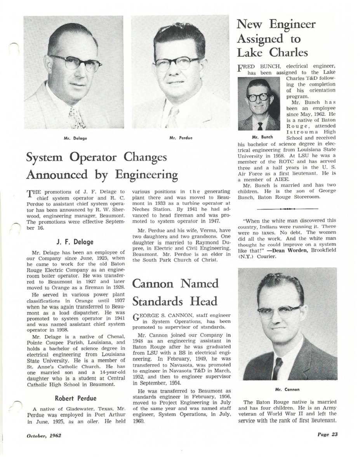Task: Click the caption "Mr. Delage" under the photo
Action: click(x=75, y=138)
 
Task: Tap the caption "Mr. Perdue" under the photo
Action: click(x=181, y=138)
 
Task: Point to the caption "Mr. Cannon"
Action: click(x=287, y=389)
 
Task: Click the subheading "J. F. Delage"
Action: click(x=75, y=242)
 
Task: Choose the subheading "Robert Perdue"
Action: click(x=75, y=398)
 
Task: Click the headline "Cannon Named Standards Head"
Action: click(x=176, y=292)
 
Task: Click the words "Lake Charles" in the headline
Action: click(x=272, y=52)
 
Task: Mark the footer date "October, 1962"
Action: click(x=44, y=435)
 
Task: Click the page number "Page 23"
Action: click(x=327, y=435)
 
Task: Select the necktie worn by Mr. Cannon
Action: click(x=277, y=368)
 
